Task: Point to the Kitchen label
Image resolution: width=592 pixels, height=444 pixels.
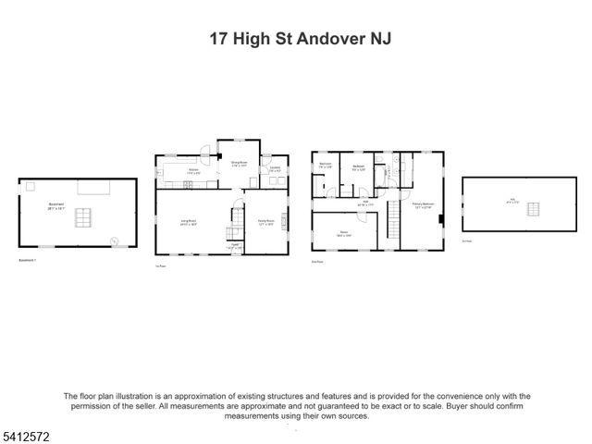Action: point(194,170)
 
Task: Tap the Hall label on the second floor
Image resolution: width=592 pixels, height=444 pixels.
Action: point(365,201)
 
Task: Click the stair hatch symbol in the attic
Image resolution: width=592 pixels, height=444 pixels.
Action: point(534,210)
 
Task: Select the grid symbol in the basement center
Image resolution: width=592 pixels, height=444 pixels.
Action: point(84,218)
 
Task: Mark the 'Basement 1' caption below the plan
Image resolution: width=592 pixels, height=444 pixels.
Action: point(31,260)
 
